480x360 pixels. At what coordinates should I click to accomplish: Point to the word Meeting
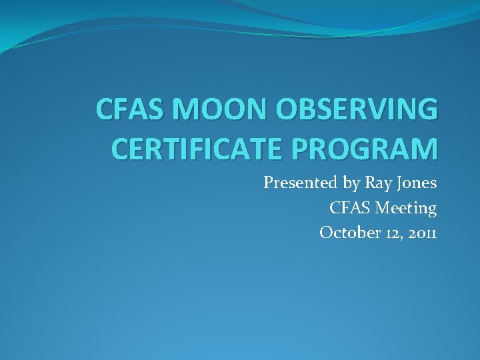click(406, 208)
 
